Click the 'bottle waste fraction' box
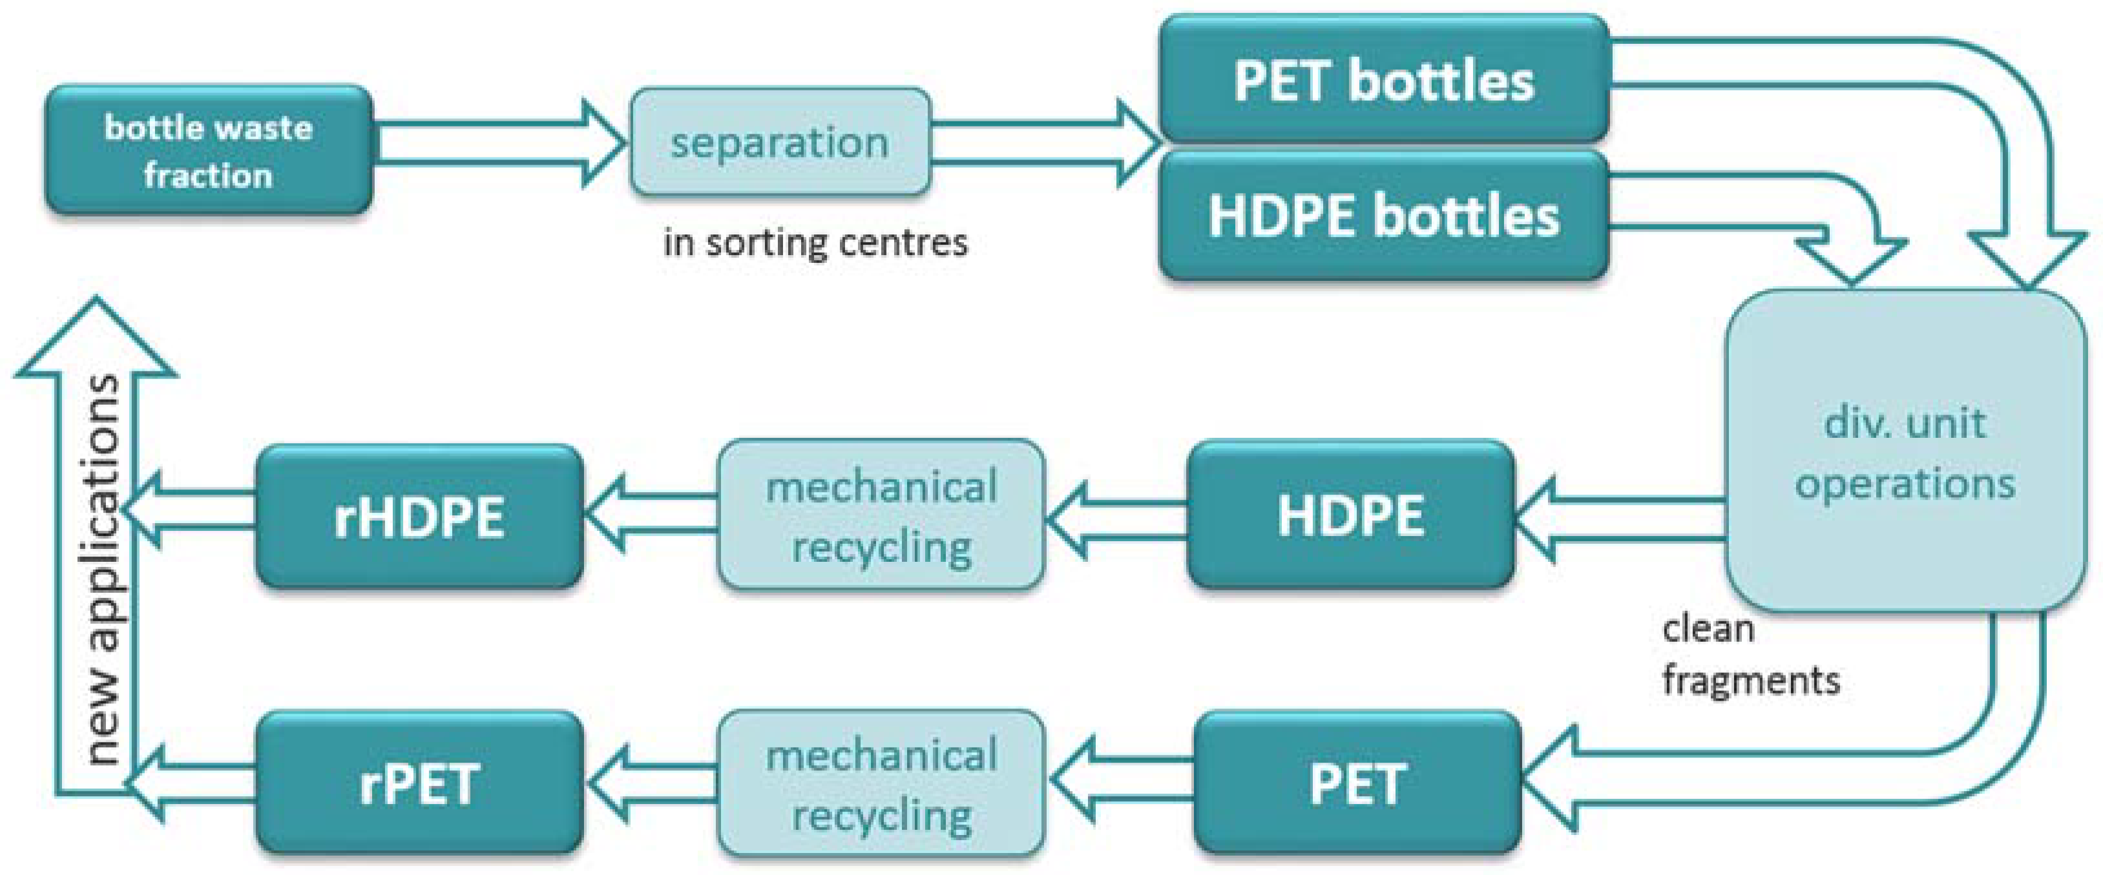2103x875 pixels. point(209,150)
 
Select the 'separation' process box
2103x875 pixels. point(780,142)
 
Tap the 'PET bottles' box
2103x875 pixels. point(1384,79)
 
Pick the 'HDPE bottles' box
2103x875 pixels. point(1384,216)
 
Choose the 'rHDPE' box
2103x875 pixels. point(419,516)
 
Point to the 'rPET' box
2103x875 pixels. point(419,783)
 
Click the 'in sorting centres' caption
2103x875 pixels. point(815,242)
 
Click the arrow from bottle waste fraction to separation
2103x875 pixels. point(498,143)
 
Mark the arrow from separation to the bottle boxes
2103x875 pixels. point(1045,143)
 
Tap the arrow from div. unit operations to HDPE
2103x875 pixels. point(1620,519)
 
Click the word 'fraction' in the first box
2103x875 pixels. point(208,176)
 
